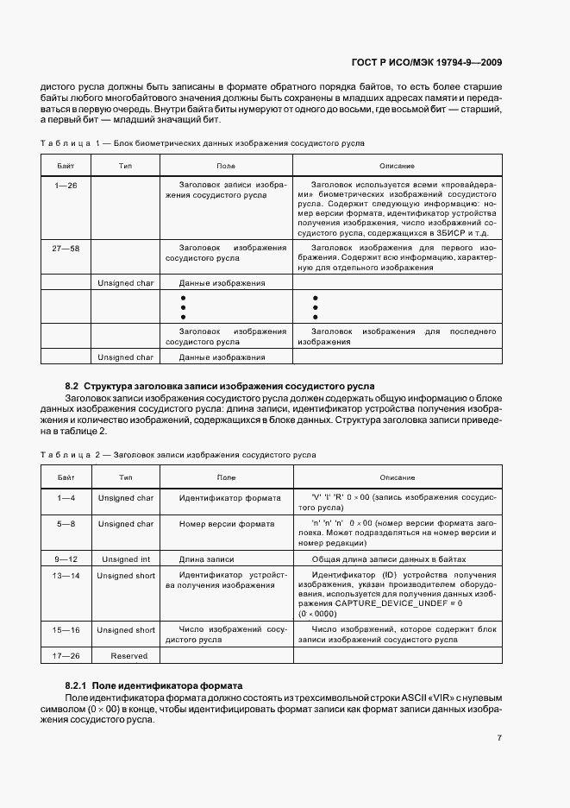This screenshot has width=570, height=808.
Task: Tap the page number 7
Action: point(499,738)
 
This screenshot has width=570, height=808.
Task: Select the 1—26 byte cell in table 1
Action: point(66,186)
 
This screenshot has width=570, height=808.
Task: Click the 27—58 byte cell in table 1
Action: point(66,248)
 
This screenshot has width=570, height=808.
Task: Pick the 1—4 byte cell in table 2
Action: point(66,498)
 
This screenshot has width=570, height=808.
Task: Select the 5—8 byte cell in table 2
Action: point(66,524)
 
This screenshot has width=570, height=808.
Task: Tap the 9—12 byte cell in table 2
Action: point(66,559)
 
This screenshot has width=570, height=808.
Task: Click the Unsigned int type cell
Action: point(126,559)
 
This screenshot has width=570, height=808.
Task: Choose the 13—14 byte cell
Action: point(66,576)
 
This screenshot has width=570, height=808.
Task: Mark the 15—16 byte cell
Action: point(66,630)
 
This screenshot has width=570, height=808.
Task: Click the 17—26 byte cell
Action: point(66,656)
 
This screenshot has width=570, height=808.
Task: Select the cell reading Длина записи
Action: point(207,559)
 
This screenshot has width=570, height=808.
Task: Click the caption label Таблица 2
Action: point(72,454)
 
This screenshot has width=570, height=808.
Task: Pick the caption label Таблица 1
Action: point(72,142)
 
